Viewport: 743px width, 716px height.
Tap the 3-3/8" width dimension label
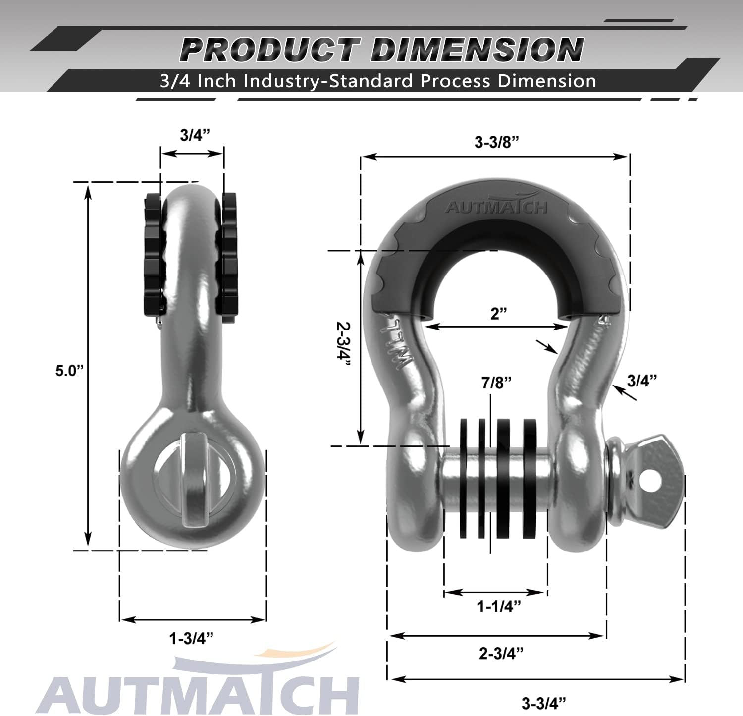(496, 142)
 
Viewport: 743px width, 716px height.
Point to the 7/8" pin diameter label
(496, 383)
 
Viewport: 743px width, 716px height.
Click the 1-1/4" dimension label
(499, 606)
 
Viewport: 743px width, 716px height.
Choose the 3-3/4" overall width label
(544, 703)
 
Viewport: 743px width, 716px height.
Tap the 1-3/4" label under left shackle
(192, 639)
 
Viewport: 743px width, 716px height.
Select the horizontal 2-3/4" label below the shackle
(501, 654)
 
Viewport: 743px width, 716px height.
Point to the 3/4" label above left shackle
(195, 135)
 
